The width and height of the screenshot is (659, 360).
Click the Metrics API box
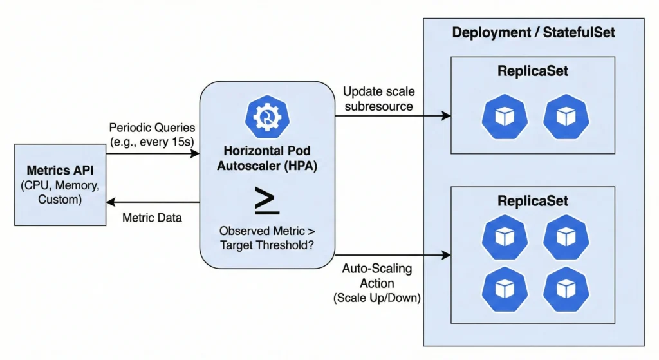click(x=60, y=185)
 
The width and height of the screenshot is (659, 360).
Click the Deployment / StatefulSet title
click(x=533, y=32)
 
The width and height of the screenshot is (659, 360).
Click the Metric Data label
click(x=152, y=218)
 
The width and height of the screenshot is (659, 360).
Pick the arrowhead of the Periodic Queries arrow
click(x=196, y=155)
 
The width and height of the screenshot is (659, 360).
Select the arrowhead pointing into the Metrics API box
click(x=109, y=201)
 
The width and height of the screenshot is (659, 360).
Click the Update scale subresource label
click(x=378, y=99)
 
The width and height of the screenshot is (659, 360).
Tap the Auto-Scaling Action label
click(x=378, y=283)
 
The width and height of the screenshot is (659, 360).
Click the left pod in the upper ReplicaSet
click(x=505, y=117)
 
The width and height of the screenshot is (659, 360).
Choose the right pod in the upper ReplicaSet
click(x=566, y=117)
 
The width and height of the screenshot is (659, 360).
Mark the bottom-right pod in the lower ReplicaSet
click(x=566, y=288)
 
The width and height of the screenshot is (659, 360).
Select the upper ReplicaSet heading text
click(x=533, y=71)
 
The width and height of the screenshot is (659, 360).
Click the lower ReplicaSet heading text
click(x=533, y=200)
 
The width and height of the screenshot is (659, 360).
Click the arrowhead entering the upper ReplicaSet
click(x=446, y=117)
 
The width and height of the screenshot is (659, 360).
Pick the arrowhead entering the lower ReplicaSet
click(x=446, y=255)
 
